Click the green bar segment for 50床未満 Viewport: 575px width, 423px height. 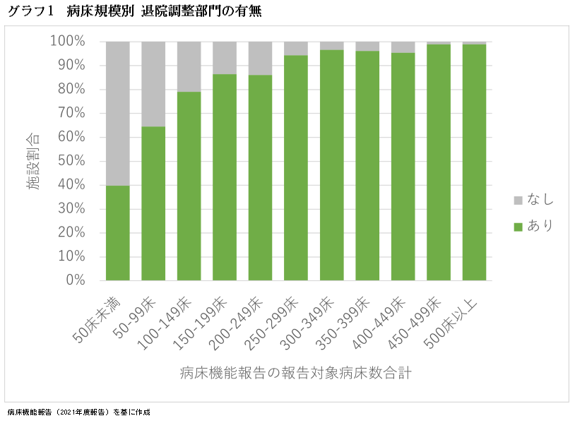[x=118, y=233]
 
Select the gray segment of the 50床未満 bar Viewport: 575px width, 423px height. [x=118, y=113]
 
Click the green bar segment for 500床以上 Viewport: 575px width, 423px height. [x=475, y=162]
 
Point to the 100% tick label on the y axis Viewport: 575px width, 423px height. [x=68, y=42]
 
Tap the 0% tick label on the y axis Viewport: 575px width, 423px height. [x=75, y=280]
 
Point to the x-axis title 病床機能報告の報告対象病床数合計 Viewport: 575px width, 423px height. [x=295, y=372]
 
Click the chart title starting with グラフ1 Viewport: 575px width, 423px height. [x=134, y=12]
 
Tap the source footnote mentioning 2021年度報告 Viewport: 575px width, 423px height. [x=79, y=412]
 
